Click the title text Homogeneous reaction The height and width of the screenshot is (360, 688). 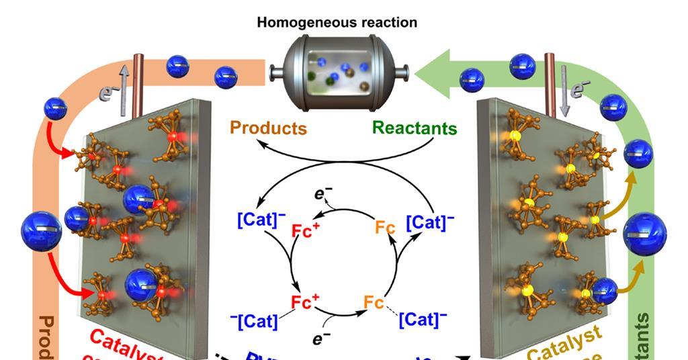(x=337, y=22)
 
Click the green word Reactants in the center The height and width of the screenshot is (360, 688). (x=415, y=128)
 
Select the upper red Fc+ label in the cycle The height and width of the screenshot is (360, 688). (x=306, y=232)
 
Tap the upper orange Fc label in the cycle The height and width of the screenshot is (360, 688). (x=385, y=229)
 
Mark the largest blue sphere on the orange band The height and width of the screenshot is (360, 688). (x=41, y=232)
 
